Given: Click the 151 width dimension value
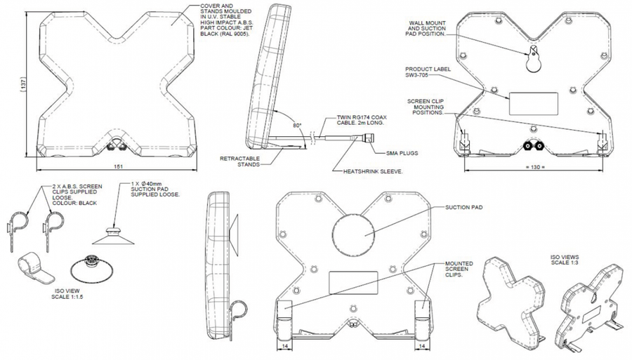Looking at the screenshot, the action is point(118,166).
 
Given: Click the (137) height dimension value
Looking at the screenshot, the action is point(23,84).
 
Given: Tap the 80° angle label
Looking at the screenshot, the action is point(297,125).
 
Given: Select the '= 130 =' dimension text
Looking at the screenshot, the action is point(535,167).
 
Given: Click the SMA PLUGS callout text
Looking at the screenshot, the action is point(402,153).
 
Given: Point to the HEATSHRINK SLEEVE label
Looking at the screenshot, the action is point(373,171).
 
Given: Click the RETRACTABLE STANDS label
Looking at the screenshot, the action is point(240,161).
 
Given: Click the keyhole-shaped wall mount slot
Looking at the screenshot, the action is point(534,60).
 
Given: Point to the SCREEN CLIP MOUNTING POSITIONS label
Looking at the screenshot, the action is point(426,107).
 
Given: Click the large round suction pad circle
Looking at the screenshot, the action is point(353,234).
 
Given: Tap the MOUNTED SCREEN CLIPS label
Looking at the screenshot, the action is point(459,269).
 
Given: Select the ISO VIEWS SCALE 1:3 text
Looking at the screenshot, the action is point(565,260).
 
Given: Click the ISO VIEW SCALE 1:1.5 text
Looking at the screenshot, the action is point(67,293).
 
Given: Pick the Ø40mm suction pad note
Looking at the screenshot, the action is point(155,189).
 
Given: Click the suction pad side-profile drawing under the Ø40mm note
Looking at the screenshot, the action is point(113,236).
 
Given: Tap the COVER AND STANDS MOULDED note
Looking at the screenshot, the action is point(225,20).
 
